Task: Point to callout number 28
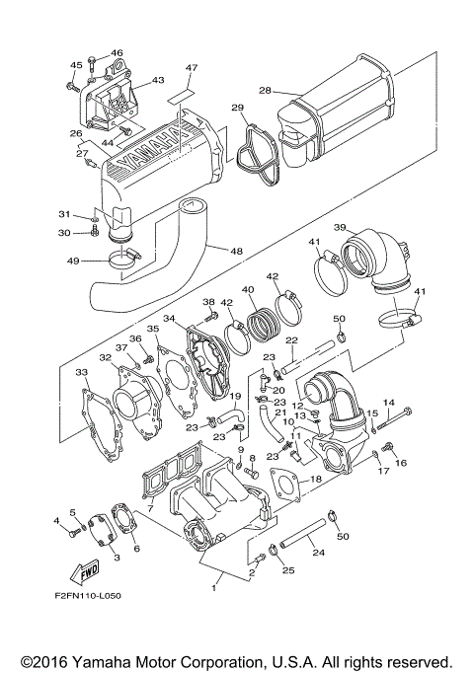pyautogui.click(x=265, y=91)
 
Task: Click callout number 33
pyautogui.click(x=82, y=372)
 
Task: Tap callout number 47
pyautogui.click(x=191, y=67)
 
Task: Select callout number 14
pyautogui.click(x=388, y=403)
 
